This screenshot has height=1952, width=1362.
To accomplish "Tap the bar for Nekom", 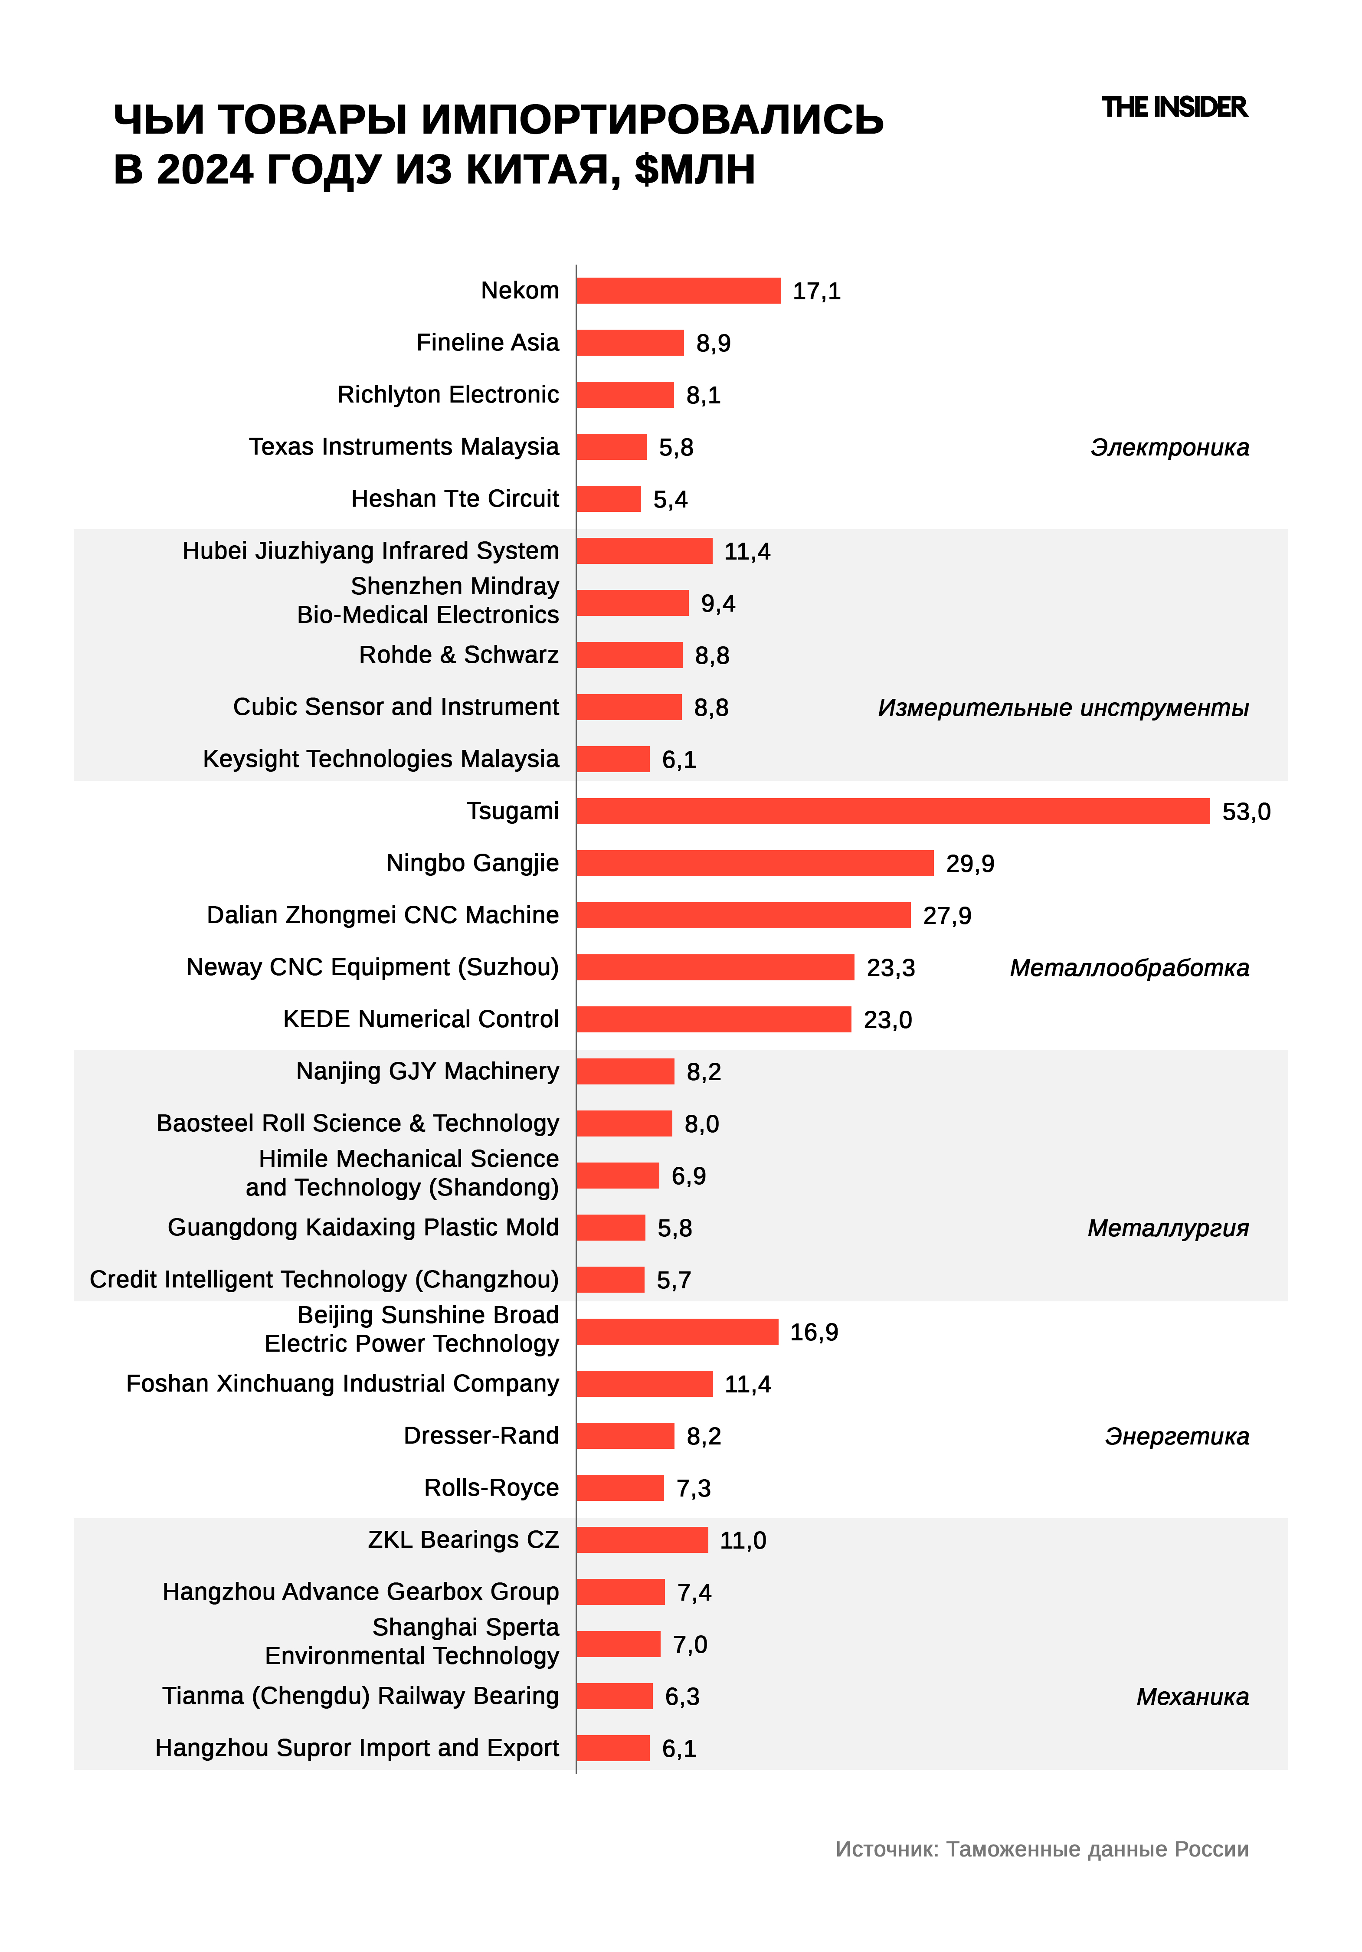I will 678,291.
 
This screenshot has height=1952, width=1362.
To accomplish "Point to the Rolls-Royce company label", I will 491,1488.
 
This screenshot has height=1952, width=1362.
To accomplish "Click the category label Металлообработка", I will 1129,967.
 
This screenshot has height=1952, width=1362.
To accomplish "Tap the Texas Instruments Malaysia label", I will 404,446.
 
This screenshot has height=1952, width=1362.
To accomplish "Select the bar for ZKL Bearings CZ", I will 642,1539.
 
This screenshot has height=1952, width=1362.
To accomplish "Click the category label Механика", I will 1192,1696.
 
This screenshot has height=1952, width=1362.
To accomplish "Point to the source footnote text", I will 1041,1849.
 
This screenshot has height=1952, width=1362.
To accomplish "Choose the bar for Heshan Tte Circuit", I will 608,499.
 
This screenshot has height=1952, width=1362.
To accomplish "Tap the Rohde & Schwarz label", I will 459,655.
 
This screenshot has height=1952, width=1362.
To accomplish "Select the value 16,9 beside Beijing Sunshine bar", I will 814,1332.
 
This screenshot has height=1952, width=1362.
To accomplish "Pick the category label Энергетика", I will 1177,1436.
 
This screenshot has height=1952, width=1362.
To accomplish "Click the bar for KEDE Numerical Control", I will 713,1019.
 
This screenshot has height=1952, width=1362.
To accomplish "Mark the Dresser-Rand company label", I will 481,1435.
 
